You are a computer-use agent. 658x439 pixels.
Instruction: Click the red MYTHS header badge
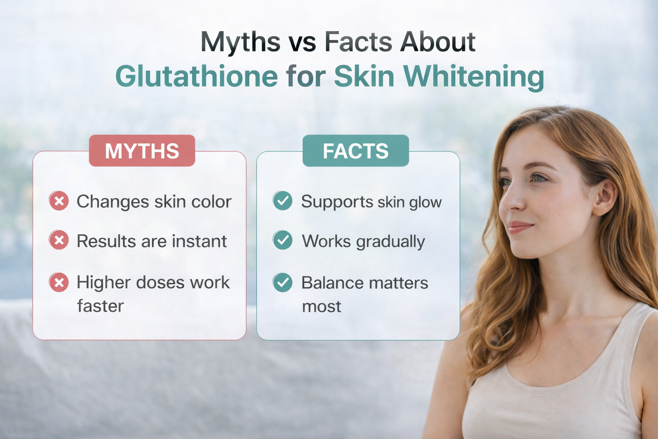142,151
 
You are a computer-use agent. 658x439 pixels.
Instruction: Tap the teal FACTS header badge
356,151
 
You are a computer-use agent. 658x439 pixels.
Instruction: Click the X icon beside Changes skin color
59,201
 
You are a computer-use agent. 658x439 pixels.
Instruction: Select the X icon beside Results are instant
59,240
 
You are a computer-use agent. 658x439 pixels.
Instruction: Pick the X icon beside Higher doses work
59,283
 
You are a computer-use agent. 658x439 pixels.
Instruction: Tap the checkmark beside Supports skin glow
283,201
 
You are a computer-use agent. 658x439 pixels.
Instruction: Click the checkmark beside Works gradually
283,240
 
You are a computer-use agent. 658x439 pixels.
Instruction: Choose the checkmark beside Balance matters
283,283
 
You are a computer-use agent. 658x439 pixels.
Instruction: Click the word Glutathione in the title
197,77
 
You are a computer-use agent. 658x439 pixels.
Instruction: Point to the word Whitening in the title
473,77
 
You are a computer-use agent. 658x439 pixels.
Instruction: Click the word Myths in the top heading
240,42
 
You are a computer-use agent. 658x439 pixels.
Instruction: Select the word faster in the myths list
100,306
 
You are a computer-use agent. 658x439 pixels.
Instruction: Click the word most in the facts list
321,307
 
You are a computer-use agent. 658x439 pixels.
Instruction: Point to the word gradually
390,242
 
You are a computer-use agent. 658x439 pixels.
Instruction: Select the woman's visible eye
538,177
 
